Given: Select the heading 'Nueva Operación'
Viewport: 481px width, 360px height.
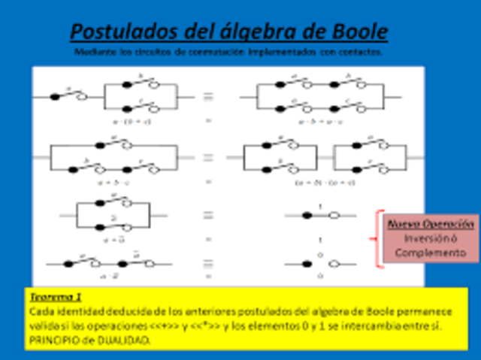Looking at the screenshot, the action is (431, 224).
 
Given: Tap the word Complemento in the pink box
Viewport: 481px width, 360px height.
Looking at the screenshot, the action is (431, 253).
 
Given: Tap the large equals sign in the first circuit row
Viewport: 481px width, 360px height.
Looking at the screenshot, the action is (208, 96).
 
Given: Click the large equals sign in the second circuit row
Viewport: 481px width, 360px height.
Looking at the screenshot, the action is (208, 158).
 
